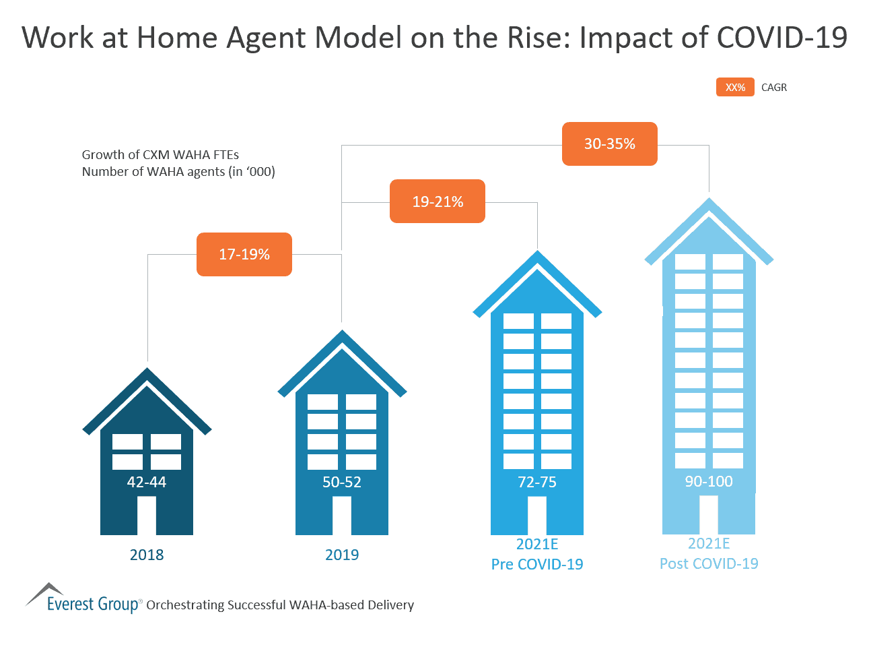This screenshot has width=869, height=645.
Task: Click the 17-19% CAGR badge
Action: point(244,254)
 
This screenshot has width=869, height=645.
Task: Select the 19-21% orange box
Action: point(437,202)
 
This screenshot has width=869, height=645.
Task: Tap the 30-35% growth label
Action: point(609,144)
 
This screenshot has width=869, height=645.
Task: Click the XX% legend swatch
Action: point(735,87)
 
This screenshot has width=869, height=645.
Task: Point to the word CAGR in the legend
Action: point(773,88)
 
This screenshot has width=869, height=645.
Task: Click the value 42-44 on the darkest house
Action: point(146,482)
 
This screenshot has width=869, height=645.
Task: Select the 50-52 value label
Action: point(341,482)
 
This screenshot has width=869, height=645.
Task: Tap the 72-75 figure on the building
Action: point(536,482)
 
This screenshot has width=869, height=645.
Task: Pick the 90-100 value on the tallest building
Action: point(708,481)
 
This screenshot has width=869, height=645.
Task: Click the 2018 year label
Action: point(146,555)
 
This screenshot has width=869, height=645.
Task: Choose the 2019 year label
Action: point(341,555)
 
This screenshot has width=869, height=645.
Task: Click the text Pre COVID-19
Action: point(536,564)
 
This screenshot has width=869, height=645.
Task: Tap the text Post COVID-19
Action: point(708,563)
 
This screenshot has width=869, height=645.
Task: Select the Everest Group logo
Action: point(84,598)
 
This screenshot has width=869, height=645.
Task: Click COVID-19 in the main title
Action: point(781,37)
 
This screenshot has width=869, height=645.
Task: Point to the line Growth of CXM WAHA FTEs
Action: point(160,154)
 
